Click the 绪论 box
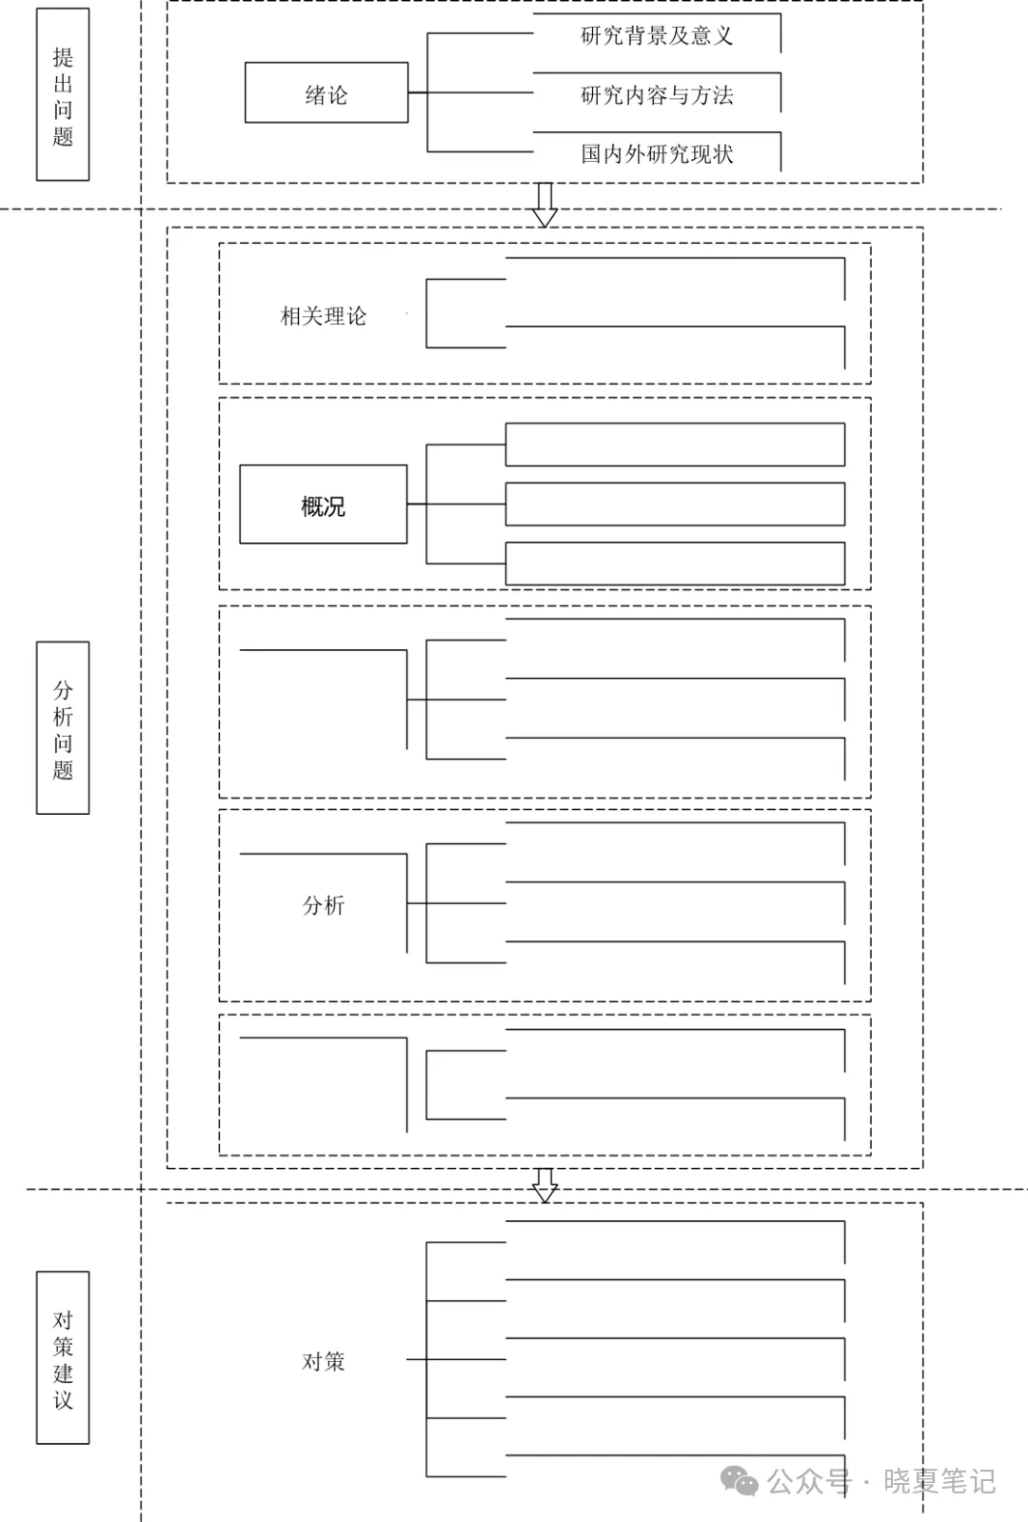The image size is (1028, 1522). pos(326,93)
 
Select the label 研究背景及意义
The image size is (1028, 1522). pos(657,36)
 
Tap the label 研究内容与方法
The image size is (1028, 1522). pos(657,95)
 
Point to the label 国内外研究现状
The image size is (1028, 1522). pos(657,154)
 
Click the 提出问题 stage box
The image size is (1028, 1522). pos(63,95)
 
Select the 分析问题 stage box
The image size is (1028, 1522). pos(63,728)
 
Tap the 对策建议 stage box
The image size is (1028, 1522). pos(63,1358)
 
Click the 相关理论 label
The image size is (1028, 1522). pos(324,316)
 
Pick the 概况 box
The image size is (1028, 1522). pos(324,505)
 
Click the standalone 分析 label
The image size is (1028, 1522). pos(324,905)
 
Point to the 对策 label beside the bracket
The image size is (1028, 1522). pos(324,1362)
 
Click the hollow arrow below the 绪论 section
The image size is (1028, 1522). pos(544,205)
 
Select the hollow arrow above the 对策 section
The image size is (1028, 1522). pos(544,1185)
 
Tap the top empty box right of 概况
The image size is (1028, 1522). pos(675,445)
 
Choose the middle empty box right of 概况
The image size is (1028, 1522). pos(675,504)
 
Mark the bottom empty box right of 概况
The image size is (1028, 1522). pos(675,563)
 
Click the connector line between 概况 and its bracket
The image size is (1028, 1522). pos(416,504)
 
